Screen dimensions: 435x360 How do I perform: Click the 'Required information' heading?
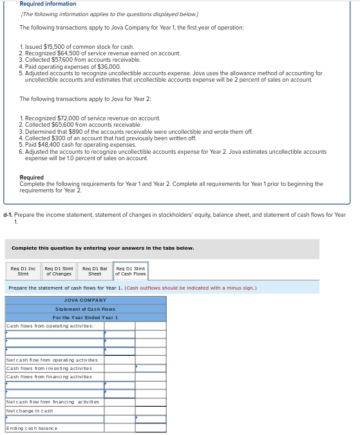click(x=48, y=4)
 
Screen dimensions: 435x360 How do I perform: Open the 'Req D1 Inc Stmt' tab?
click(x=23, y=271)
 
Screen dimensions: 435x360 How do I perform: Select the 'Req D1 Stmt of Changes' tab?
click(x=58, y=271)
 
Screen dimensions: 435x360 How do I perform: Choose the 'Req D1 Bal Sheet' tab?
click(x=94, y=271)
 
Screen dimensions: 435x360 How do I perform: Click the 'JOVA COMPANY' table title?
click(x=86, y=301)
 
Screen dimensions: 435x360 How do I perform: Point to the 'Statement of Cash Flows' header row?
click(x=86, y=310)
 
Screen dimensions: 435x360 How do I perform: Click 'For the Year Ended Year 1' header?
click(x=86, y=318)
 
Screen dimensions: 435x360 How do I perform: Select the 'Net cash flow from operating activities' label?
click(x=52, y=360)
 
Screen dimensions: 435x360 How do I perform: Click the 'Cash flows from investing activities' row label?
click(x=49, y=369)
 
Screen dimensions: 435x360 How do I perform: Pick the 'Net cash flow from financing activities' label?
click(x=52, y=402)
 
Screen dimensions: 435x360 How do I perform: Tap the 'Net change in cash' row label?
click(x=30, y=411)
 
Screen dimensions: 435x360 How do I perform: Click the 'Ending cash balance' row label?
click(x=32, y=428)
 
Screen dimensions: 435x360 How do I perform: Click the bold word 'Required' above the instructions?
click(x=32, y=178)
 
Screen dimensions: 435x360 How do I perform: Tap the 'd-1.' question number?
click(x=8, y=215)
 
